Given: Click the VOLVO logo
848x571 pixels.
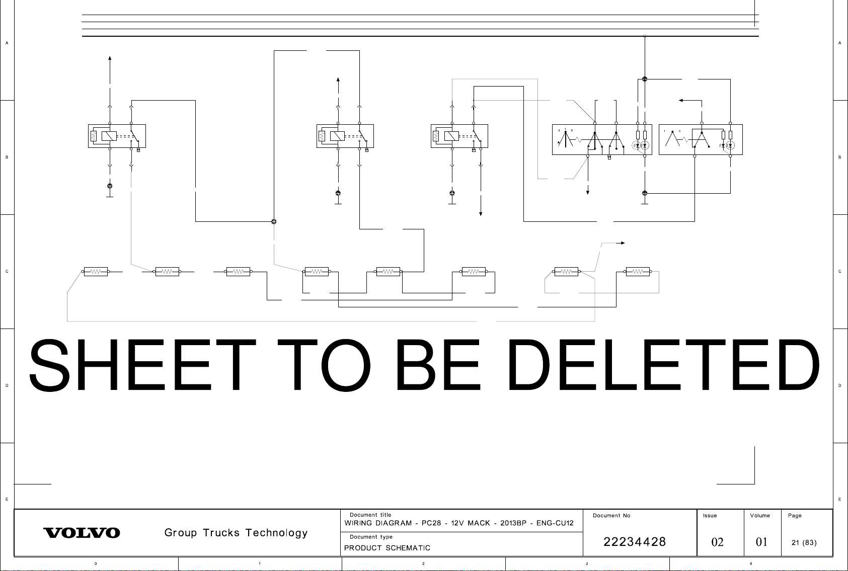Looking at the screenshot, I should pyautogui.click(x=82, y=533).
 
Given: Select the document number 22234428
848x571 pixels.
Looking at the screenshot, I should pyautogui.click(x=635, y=542).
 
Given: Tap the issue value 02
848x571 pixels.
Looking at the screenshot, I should pyautogui.click(x=717, y=542).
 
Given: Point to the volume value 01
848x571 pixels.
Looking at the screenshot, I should pyautogui.click(x=762, y=542).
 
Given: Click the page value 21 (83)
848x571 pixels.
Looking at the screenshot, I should pyautogui.click(x=804, y=542).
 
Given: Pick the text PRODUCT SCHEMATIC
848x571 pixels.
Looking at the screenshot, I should pyautogui.click(x=387, y=548).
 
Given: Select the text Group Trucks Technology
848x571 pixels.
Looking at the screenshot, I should pyautogui.click(x=236, y=533).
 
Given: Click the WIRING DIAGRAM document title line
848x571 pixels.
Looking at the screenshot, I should pyautogui.click(x=458, y=523).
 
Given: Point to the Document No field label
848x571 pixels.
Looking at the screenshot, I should pyautogui.click(x=611, y=515).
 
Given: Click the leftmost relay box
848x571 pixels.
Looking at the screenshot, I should pyautogui.click(x=117, y=136).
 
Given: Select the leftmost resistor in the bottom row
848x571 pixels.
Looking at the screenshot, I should pyautogui.click(x=95, y=272).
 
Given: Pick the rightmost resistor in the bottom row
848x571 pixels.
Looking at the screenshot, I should pyautogui.click(x=638, y=272).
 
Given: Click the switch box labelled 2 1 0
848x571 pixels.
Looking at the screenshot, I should pyautogui.click(x=602, y=139).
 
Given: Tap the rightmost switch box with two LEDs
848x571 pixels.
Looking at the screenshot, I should pyautogui.click(x=701, y=139).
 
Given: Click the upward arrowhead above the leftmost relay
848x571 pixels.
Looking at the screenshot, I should pyautogui.click(x=110, y=58).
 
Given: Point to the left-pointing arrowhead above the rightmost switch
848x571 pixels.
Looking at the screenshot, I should pyautogui.click(x=681, y=100).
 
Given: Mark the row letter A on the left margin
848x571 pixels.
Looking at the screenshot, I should pyautogui.click(x=7, y=43).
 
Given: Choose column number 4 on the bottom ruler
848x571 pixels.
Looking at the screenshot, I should pyautogui.click(x=751, y=563).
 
